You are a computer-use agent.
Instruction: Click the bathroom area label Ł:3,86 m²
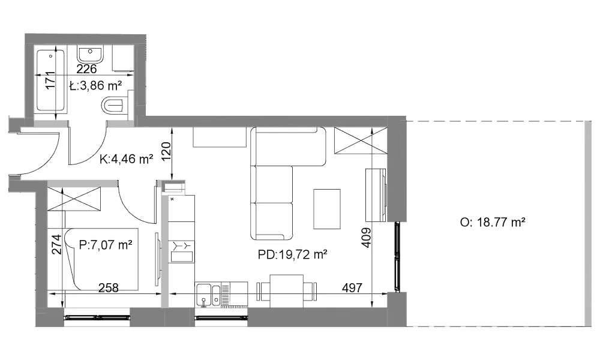95,85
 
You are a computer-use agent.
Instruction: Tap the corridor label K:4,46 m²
126,159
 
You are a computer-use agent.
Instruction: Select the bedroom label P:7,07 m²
106,244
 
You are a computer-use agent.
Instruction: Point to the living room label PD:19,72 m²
292,254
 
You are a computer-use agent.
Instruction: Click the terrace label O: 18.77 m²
493,222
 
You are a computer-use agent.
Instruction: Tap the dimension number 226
86,69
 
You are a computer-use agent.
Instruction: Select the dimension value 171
50,80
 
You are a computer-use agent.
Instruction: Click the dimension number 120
166,152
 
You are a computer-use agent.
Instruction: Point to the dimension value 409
366,238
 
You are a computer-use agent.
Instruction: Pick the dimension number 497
352,287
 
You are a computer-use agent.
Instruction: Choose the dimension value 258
108,287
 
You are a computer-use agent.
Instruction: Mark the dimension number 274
56,244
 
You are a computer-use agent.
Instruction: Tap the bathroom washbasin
91,55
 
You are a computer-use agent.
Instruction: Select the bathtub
51,81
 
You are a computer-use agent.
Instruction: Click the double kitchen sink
209,295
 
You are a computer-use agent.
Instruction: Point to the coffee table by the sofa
327,209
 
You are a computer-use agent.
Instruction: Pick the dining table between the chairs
287,291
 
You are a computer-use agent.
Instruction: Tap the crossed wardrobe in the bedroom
74,199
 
